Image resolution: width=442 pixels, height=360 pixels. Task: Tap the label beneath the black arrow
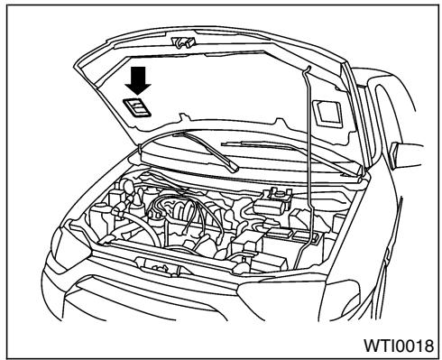click(135, 107)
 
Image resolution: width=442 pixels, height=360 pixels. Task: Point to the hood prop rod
click(313, 153)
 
